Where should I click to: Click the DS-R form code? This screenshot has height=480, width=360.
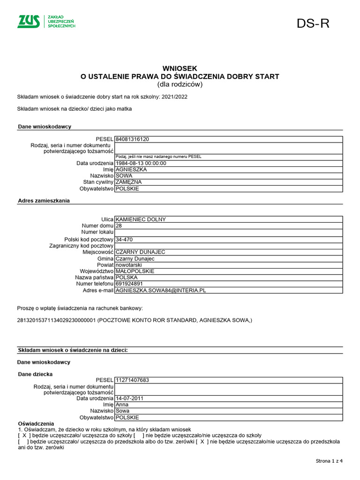pos(313,24)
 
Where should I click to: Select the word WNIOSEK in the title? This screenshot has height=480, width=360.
pos(180,68)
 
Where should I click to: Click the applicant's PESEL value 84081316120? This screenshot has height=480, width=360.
pos(132,139)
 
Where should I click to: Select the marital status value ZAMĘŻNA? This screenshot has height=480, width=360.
pos(128,182)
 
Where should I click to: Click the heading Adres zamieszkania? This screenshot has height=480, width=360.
pos(44,201)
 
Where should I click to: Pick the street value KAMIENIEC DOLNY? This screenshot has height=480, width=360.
pos(141,219)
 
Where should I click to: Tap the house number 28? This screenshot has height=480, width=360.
pos(119,225)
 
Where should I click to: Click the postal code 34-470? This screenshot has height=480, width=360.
pos(124,240)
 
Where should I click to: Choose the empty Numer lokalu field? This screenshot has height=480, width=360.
pos(229,232)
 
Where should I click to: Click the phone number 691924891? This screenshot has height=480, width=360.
pos(129,284)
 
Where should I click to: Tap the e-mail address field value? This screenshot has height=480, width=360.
pos(161,291)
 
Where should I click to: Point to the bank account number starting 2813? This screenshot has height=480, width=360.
pos(56,320)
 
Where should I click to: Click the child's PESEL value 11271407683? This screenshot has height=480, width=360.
pos(132,380)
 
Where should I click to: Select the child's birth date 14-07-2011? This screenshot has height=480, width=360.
pos(130,398)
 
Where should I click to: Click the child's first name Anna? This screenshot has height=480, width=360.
pos(122,405)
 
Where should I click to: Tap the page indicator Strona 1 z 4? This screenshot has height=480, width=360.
pos(329,461)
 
